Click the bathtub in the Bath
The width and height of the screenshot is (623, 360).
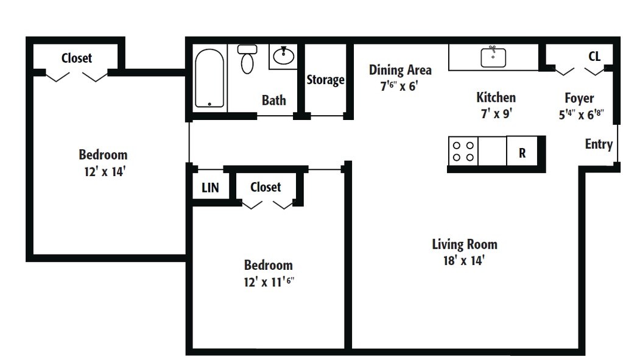(x=209, y=78)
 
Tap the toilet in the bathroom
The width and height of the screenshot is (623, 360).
(x=247, y=60)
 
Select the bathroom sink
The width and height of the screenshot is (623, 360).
(x=283, y=57)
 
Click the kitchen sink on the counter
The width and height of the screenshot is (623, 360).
(x=493, y=57)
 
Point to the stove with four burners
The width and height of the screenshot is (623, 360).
(x=462, y=151)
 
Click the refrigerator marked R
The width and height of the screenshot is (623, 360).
(x=523, y=153)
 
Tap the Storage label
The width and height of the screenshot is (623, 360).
(x=325, y=80)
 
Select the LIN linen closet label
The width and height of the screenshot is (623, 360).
(x=210, y=188)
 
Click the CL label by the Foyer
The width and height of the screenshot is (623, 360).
(x=594, y=57)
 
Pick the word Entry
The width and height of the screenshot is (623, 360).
(x=598, y=144)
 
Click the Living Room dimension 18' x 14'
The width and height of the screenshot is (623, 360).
(x=465, y=261)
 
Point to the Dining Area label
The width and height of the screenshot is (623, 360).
(x=400, y=70)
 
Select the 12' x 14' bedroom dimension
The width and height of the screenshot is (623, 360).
(x=105, y=171)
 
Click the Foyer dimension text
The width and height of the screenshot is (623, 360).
(x=580, y=114)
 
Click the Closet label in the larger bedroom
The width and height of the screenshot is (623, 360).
(x=77, y=58)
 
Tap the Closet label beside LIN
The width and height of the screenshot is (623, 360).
(x=266, y=187)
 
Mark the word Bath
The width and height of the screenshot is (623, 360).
(x=273, y=100)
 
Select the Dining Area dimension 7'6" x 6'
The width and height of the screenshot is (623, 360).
(x=399, y=86)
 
